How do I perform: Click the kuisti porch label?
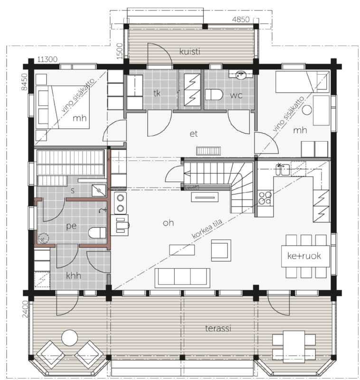pyautogui.click(x=189, y=51)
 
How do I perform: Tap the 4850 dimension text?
pyautogui.click(x=241, y=19)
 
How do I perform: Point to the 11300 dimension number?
pyautogui.click(x=47, y=59)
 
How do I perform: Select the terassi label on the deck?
pyautogui.click(x=218, y=328)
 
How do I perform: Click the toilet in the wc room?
pyautogui.click(x=214, y=95)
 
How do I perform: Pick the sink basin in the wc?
pyautogui.click(x=241, y=75)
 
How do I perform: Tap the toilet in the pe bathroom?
pyautogui.click(x=97, y=233)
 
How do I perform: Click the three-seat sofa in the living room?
pyautogui.click(x=182, y=278)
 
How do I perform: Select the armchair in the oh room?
pyautogui.click(x=221, y=250)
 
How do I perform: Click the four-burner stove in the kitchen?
pyautogui.click(x=265, y=198)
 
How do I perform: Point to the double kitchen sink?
pyautogui.click(x=283, y=170)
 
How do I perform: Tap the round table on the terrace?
pyautogui.click(x=69, y=338)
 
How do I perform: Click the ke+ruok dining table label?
pyautogui.click(x=304, y=256)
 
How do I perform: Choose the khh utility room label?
pyautogui.click(x=74, y=276)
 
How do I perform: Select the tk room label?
pyautogui.click(x=157, y=93)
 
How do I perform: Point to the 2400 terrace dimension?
pyautogui.click(x=25, y=309)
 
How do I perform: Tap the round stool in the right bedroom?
pyautogui.click(x=307, y=110)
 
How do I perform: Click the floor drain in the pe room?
pyautogui.click(x=43, y=238)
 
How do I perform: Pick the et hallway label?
pyautogui.click(x=194, y=134)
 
